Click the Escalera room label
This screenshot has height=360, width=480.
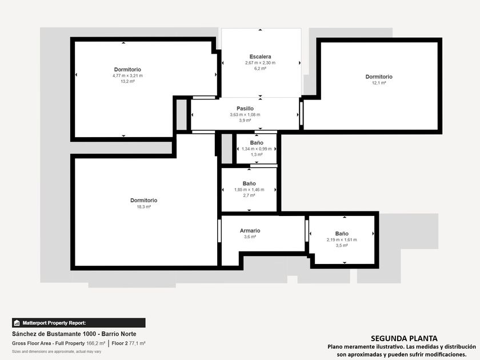(x=260, y=57)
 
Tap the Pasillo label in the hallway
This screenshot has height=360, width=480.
(x=245, y=109)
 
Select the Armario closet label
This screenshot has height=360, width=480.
(x=250, y=230)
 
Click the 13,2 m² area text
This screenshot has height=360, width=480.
(x=127, y=81)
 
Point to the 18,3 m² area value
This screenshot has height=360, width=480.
(x=143, y=207)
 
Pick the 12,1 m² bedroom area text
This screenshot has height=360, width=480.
(x=379, y=83)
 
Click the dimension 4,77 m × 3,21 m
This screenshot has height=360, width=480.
(x=127, y=75)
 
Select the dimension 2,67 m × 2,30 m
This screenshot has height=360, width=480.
(x=260, y=63)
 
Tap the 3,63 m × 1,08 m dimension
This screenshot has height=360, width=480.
(x=245, y=114)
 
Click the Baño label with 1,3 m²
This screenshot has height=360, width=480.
(x=257, y=143)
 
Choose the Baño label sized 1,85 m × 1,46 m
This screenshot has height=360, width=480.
(x=249, y=183)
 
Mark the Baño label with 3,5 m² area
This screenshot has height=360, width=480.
(x=342, y=234)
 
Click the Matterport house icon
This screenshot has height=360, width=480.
(x=17, y=323)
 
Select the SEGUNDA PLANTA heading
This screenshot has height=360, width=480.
(x=404, y=338)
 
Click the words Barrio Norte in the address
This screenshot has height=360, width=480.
(x=119, y=334)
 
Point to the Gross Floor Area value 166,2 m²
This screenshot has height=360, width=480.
(x=95, y=343)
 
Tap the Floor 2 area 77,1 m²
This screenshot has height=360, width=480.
(x=137, y=343)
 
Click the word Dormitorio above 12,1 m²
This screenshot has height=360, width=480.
(x=379, y=77)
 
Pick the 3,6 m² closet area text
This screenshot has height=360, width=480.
(x=250, y=237)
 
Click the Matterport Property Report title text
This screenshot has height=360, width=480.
(x=54, y=323)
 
